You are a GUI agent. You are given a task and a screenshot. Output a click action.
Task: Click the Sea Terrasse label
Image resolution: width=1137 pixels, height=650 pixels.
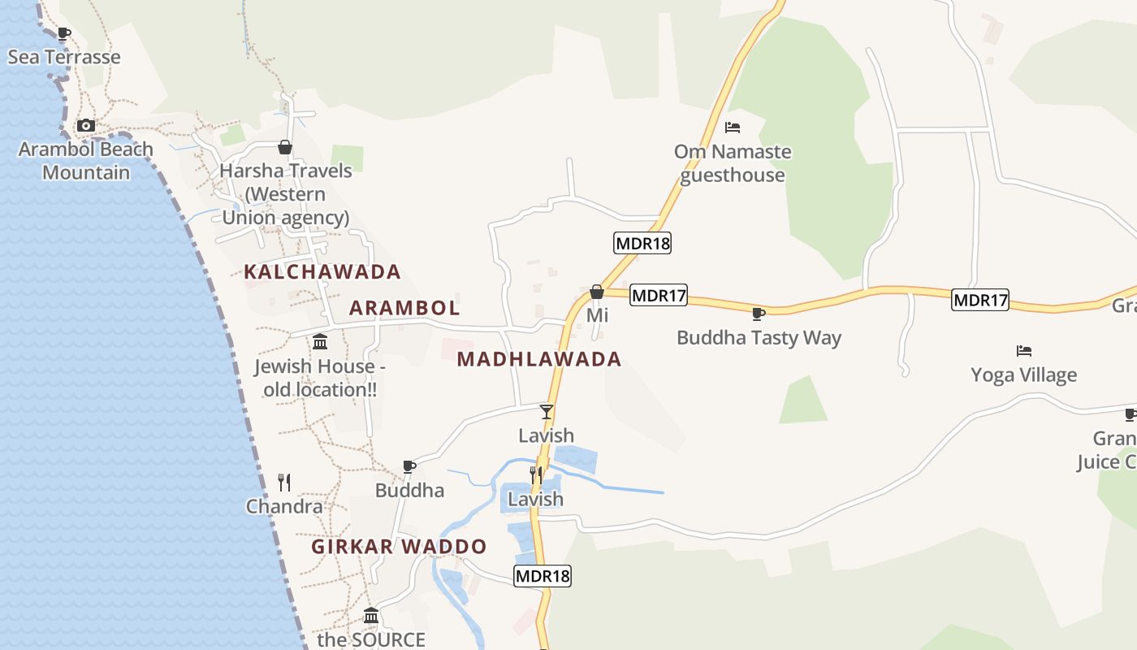(64, 57)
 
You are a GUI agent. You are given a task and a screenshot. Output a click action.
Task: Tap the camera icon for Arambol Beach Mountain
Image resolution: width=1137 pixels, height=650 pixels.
(85, 125)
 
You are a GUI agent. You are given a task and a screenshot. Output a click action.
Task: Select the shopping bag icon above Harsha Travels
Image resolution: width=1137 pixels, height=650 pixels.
(284, 147)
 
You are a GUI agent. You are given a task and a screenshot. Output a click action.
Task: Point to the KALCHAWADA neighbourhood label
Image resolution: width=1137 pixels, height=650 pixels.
(322, 271)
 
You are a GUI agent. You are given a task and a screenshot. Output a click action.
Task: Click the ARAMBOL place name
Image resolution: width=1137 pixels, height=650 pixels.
(404, 308)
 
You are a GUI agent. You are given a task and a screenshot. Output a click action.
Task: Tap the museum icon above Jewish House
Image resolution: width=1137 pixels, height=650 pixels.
(320, 341)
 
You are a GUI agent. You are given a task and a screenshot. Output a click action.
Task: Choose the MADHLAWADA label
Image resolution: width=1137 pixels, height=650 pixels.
(538, 359)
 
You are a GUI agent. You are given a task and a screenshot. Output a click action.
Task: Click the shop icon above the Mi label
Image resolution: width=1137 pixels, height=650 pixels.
(597, 292)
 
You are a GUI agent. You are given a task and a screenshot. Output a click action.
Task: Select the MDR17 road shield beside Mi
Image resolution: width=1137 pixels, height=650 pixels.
(659, 296)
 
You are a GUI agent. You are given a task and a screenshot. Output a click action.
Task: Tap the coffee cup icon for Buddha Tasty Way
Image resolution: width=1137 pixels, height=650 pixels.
(759, 314)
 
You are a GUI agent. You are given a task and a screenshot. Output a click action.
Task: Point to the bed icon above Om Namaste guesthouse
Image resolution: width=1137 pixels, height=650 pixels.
(732, 128)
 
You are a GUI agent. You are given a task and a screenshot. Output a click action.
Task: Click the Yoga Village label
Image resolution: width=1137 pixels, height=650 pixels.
(1023, 375)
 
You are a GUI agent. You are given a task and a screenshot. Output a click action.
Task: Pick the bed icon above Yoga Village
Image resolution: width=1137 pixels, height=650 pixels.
(1024, 351)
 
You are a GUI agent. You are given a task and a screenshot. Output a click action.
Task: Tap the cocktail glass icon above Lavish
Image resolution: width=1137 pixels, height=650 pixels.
(547, 411)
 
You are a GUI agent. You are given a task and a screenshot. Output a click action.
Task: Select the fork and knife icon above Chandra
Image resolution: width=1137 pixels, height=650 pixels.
(284, 483)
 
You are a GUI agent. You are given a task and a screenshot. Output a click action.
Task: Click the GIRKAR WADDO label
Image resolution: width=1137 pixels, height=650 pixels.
(399, 547)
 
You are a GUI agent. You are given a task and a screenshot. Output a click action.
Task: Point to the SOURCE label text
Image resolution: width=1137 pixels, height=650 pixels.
(371, 639)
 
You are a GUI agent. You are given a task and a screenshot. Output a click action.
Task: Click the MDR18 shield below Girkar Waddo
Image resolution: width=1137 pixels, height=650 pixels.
(543, 576)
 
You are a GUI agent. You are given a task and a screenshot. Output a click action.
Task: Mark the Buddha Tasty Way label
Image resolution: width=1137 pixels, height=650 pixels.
(759, 338)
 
